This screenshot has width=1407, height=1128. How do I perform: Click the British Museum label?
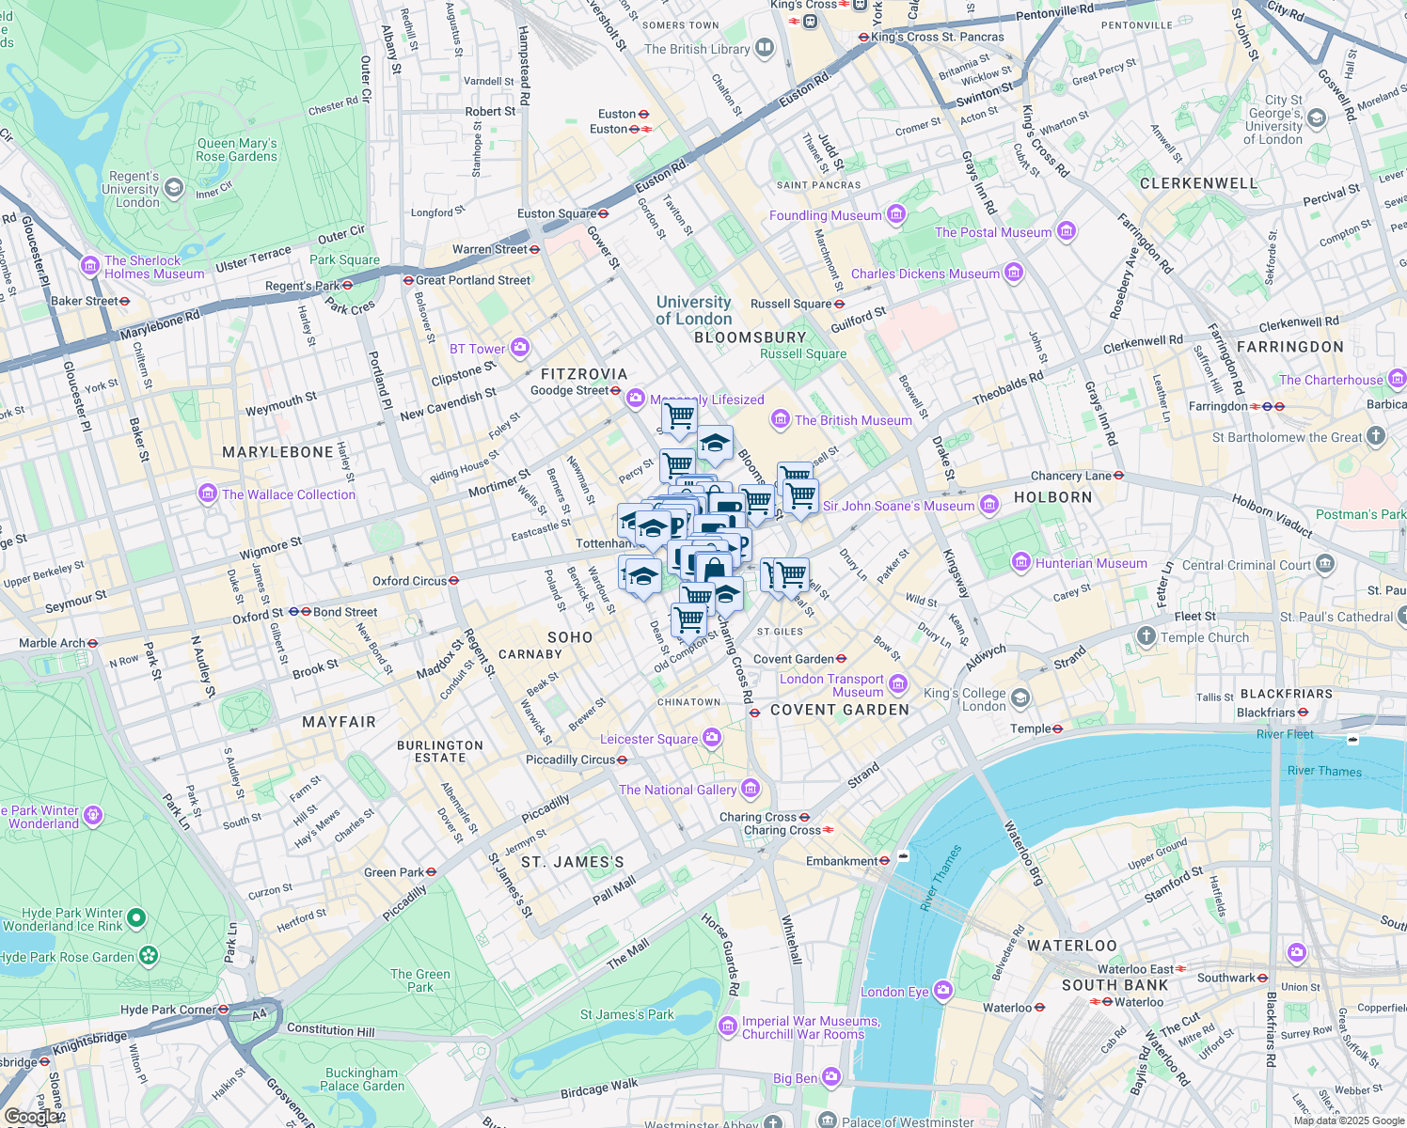(852, 420)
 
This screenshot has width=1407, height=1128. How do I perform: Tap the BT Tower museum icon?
(520, 349)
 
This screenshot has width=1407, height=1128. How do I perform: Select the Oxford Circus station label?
(409, 581)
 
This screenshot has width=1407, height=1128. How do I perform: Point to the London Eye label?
(894, 992)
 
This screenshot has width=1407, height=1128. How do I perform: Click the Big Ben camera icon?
(830, 1076)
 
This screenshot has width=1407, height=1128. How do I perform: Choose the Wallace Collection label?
(288, 494)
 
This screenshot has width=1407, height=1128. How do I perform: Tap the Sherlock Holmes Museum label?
(153, 267)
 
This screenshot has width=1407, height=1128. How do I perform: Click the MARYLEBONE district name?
(277, 452)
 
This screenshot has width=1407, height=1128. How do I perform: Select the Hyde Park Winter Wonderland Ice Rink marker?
(136, 916)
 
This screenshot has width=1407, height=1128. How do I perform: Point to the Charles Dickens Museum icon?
(1013, 274)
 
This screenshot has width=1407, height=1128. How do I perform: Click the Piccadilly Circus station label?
(570, 760)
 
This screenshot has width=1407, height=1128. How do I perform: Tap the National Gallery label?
(677, 790)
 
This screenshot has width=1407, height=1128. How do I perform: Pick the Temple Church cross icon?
(1146, 636)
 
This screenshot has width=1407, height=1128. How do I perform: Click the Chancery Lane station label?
(1070, 476)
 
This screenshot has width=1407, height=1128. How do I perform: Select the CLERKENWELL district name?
(1198, 183)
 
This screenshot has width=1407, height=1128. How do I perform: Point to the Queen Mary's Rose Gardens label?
(237, 149)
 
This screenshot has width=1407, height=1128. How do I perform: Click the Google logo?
(30, 1117)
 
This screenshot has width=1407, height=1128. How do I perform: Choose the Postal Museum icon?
(1066, 231)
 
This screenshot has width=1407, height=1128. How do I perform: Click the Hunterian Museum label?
(1090, 563)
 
